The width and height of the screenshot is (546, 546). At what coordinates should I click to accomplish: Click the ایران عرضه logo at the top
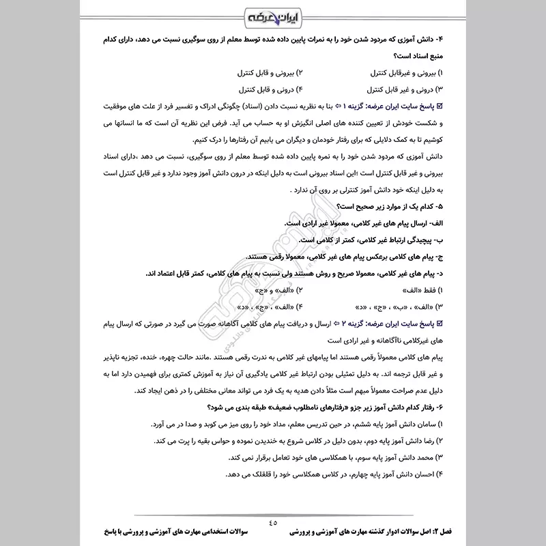coord(272,14)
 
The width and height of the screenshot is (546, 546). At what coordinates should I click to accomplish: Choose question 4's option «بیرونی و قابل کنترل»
coord(263,72)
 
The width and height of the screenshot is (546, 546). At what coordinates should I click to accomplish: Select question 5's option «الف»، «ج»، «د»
coord(263,306)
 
